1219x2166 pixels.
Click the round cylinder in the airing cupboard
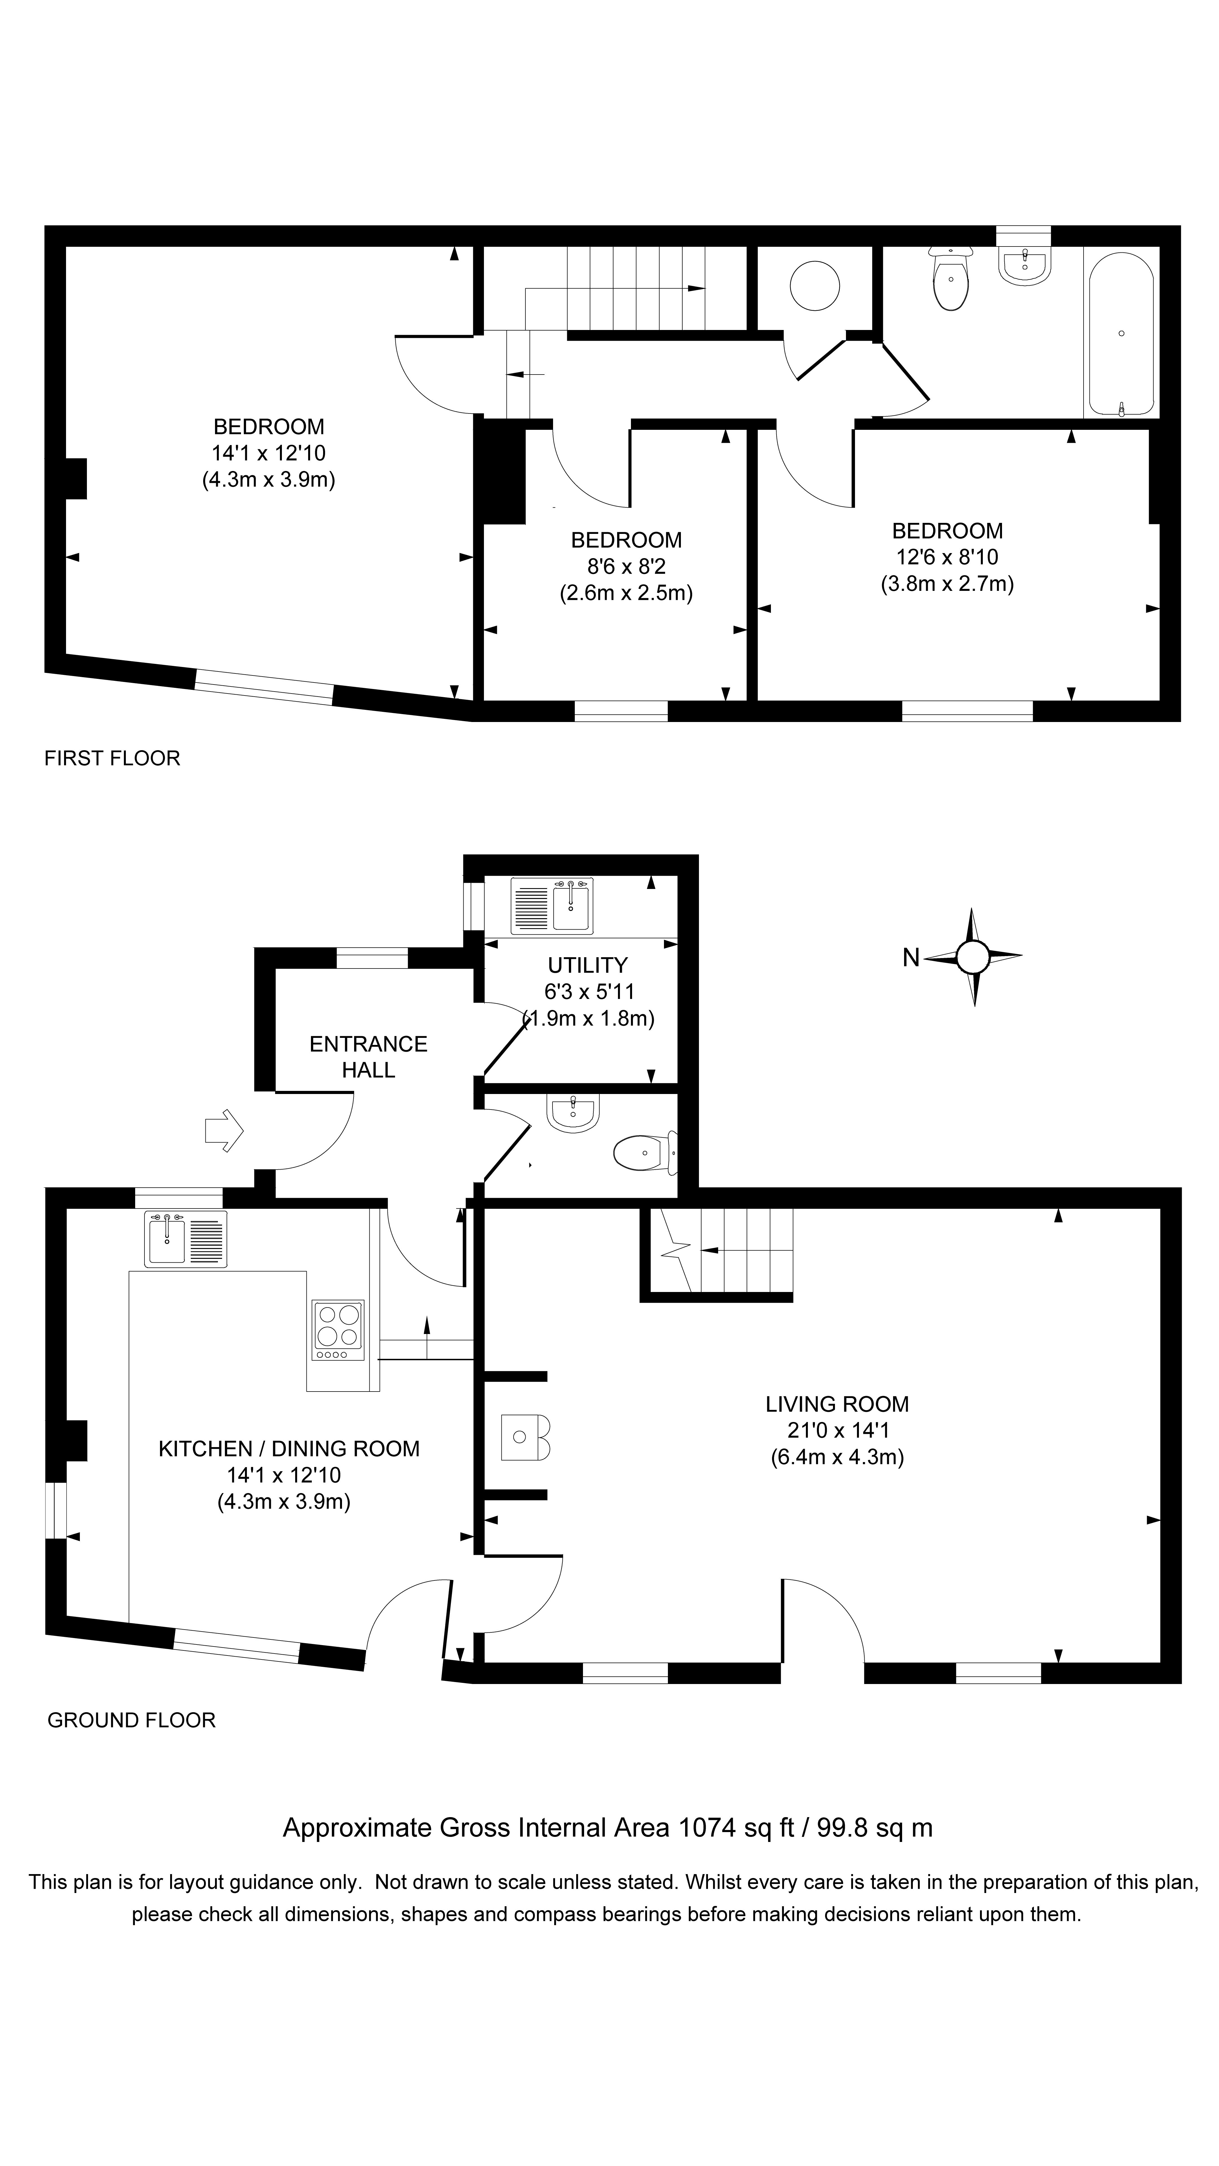(814, 286)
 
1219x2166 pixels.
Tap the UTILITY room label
(587, 965)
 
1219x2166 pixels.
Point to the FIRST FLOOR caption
(112, 758)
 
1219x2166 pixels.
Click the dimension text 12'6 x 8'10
(947, 557)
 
